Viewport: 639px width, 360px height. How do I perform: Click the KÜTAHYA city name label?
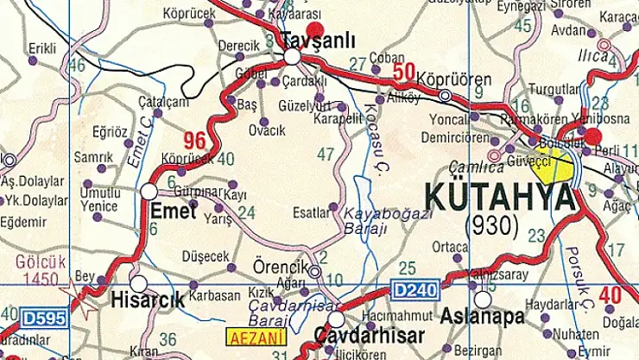498,198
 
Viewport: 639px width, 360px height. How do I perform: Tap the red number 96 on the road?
195,139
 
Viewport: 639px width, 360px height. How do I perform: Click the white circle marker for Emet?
149,191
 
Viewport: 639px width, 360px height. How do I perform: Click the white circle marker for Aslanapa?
483,299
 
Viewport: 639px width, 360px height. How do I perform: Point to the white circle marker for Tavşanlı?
293,57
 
